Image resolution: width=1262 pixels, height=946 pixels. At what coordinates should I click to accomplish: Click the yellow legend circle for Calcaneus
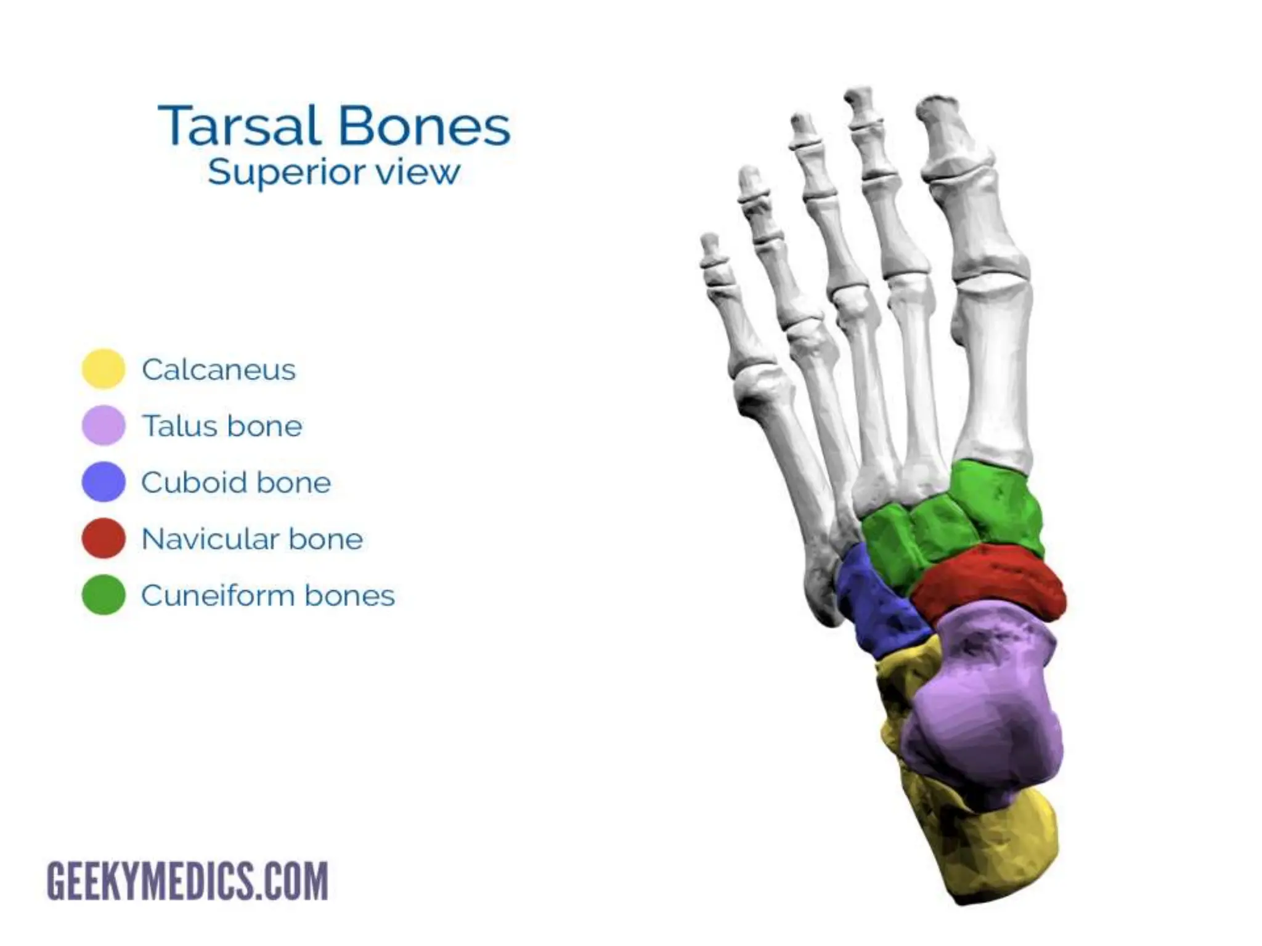(104, 369)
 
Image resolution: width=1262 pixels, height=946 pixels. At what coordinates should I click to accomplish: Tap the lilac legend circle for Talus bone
(104, 425)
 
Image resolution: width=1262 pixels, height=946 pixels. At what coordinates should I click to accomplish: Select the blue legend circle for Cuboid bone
(104, 482)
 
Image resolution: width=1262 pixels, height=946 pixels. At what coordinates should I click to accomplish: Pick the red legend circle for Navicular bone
(104, 538)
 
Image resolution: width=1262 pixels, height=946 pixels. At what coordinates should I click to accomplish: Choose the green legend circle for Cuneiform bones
(104, 595)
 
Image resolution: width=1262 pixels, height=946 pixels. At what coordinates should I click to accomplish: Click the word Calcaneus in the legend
(219, 370)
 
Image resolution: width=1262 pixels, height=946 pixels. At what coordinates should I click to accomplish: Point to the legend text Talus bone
(222, 426)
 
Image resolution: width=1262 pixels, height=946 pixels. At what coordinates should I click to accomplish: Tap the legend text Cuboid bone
(236, 482)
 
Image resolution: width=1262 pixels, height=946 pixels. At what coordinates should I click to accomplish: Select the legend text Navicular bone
(252, 539)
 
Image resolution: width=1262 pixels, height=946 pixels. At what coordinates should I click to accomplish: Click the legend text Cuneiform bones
(268, 596)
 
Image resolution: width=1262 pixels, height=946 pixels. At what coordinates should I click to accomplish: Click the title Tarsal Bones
(334, 126)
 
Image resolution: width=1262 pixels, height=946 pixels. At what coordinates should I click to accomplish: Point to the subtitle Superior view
(334, 172)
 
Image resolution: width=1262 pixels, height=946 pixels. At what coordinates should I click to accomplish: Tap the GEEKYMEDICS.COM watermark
(187, 881)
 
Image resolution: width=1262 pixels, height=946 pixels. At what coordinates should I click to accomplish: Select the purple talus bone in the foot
(986, 708)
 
